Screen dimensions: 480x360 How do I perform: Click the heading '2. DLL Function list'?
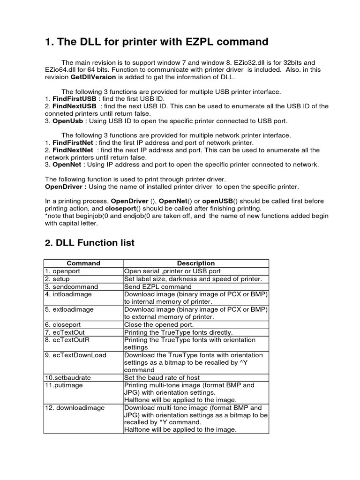click(x=90, y=243)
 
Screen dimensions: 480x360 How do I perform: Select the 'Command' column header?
click(x=83, y=263)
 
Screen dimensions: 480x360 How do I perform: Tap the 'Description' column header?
click(x=195, y=263)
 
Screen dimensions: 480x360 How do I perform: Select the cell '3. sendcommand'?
click(x=72, y=286)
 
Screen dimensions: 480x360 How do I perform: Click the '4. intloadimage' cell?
click(x=68, y=294)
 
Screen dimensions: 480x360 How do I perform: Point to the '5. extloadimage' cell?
click(x=69, y=309)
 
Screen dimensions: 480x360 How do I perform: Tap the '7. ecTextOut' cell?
click(x=65, y=332)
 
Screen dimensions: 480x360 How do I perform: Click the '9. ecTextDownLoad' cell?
click(x=75, y=355)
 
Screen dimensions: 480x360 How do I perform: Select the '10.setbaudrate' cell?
click(x=67, y=377)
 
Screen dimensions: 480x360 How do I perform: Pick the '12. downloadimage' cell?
click(x=75, y=408)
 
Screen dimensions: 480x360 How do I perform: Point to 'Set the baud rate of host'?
click(x=162, y=377)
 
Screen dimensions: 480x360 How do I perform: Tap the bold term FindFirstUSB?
click(x=75, y=99)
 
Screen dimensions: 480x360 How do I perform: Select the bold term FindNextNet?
click(x=73, y=150)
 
